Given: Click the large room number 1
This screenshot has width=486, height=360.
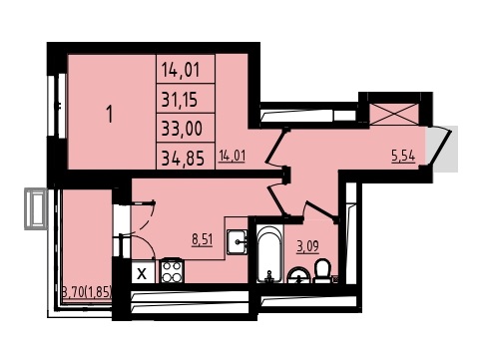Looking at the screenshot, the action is click(x=110, y=114).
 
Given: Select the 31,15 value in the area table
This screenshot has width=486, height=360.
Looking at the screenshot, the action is click(x=180, y=99).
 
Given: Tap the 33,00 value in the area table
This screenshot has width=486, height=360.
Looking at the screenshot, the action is click(x=182, y=129).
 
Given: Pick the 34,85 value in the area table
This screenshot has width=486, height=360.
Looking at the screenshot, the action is click(x=183, y=158).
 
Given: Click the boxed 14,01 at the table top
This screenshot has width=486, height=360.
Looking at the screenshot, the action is click(x=181, y=70).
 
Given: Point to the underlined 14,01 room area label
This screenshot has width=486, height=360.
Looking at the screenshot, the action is click(x=233, y=156).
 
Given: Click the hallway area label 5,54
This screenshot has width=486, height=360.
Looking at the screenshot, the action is click(x=403, y=156).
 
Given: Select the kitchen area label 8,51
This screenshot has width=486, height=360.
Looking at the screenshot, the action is click(x=202, y=239).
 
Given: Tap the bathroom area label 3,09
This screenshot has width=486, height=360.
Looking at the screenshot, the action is click(x=308, y=247).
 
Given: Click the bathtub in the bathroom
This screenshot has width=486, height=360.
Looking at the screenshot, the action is click(x=269, y=254).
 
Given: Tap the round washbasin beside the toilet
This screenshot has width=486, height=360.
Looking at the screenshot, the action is click(x=298, y=275).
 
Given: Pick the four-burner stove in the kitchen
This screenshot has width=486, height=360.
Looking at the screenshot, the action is click(x=173, y=271).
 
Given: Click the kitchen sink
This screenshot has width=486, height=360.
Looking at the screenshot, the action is click(x=237, y=242).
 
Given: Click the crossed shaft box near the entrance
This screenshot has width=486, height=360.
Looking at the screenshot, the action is click(x=394, y=114).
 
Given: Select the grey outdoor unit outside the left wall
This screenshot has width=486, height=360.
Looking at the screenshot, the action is click(x=36, y=208).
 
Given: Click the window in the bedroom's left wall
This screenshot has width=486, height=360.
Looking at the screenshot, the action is click(x=57, y=106).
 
